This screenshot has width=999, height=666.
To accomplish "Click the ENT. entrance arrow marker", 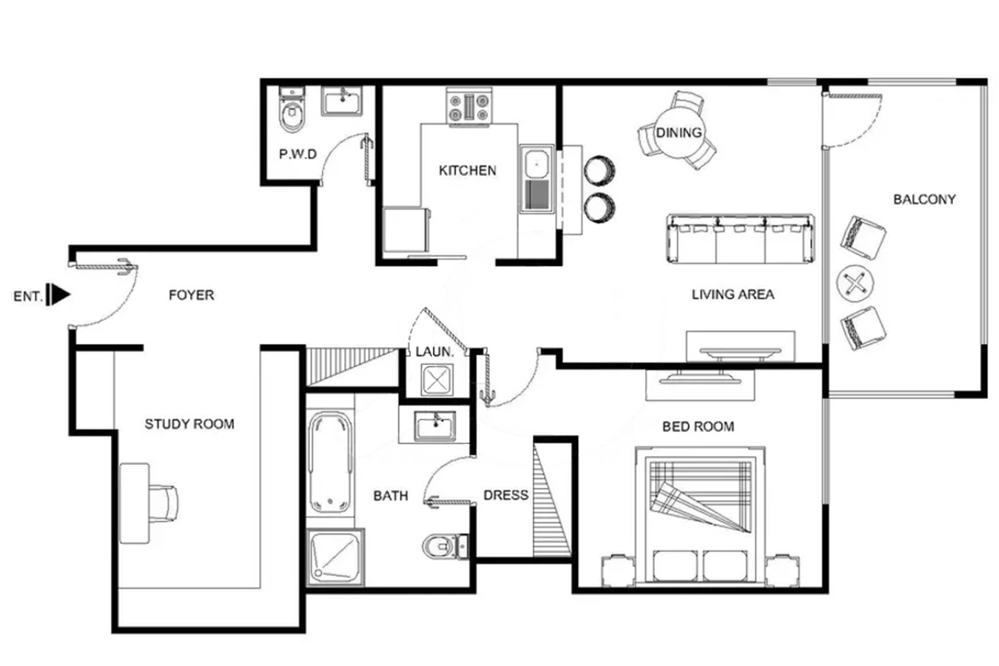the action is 58,295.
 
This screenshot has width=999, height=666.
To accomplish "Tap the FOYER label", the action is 192,295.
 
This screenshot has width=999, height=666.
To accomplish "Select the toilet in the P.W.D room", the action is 292,110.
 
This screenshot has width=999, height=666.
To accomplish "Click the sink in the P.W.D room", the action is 342,101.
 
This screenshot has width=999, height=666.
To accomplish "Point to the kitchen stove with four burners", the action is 469,106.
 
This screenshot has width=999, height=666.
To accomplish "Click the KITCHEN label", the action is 468,170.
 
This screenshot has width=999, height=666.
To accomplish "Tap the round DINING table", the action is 679,132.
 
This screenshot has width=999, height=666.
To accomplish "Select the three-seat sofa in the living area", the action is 740,239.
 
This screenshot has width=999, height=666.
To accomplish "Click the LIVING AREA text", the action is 733,295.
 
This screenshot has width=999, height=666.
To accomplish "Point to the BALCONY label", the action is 924,199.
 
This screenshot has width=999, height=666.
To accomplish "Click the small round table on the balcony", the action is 855,283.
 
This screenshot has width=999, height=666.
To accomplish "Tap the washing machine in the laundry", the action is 437,380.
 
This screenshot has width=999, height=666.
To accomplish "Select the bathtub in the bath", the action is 330,462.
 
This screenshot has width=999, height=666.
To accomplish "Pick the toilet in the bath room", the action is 445,546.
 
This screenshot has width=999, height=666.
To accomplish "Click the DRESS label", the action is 506,495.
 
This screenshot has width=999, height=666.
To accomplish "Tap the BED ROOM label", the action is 698,426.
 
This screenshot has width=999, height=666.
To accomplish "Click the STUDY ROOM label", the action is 189,424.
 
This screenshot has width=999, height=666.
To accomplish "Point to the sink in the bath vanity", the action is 435,426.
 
